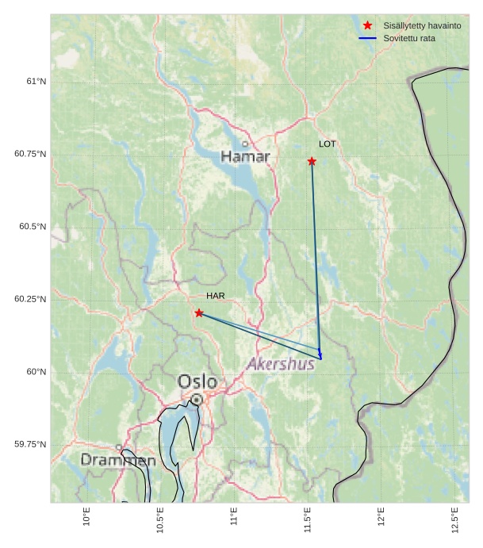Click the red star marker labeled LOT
[312, 161]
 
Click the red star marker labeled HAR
[199, 312]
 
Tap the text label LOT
[328, 144]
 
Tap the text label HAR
[216, 296]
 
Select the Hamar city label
[245, 157]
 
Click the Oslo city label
[197, 381]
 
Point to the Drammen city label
[118, 460]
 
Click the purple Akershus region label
[281, 364]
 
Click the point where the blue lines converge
[320, 358]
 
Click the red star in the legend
[367, 25]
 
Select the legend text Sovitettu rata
[409, 38]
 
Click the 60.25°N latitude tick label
[30, 299]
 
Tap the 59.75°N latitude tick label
[30, 444]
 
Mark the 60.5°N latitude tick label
[33, 226]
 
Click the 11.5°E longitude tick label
[307, 520]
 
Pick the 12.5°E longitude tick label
[454, 520]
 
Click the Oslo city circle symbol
[196, 400]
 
